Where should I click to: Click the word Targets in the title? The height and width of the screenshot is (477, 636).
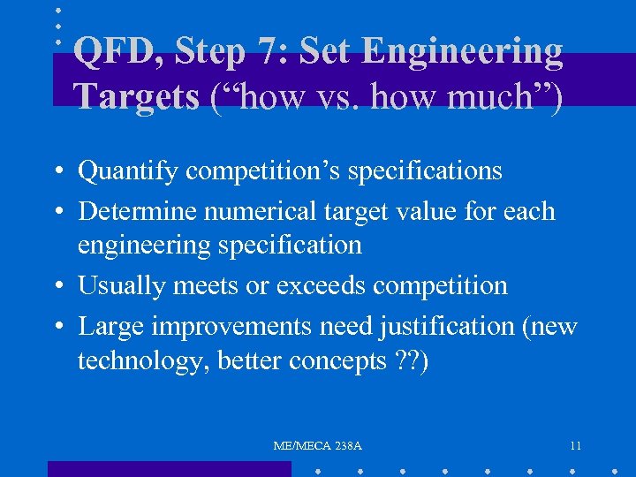137,96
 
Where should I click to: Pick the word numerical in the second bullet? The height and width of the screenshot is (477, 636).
246,212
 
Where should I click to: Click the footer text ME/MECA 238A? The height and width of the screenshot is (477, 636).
318,446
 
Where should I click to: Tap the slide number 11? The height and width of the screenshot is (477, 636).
575,446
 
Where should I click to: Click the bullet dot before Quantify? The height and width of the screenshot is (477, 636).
56,171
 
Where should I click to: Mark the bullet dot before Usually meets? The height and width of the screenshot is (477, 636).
56,287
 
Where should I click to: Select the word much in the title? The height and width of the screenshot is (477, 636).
497,96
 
